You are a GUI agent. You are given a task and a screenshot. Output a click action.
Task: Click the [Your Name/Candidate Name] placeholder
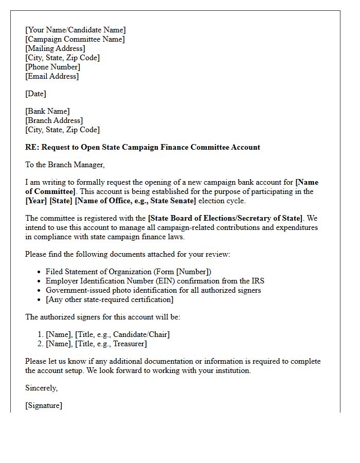tap(75, 30)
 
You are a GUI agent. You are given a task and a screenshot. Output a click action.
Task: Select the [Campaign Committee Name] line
tap(75, 39)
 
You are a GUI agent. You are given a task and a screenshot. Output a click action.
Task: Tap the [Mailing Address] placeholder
tap(55, 48)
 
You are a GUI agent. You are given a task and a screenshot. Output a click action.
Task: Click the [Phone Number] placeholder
tap(52, 67)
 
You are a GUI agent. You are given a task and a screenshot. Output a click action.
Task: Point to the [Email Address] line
tap(52, 76)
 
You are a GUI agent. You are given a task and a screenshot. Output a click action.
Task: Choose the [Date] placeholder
tap(35, 94)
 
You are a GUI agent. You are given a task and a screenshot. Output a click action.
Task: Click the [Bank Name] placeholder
tap(47, 111)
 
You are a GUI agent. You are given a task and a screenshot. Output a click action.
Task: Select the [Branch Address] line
tap(54, 120)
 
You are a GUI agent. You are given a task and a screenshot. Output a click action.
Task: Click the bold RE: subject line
tap(142, 147)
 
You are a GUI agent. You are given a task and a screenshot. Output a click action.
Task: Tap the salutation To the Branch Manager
tap(65, 165)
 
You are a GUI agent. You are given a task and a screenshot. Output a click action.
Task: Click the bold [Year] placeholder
tap(36, 201)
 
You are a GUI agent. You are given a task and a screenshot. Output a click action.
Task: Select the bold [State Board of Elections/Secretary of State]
tap(225, 218)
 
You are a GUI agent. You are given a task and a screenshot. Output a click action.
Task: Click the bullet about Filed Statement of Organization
tap(128, 272)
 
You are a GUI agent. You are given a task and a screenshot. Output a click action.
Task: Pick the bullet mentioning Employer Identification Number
tap(155, 281)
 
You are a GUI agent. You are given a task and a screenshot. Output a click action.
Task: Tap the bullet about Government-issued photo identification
tap(153, 290)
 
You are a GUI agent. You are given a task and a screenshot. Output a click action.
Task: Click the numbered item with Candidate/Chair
tap(107, 334)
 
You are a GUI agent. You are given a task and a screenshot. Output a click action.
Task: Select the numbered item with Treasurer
tap(96, 344)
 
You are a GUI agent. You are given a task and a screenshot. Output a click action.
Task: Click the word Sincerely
tap(41, 388)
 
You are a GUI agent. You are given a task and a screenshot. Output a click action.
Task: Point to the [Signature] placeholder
tap(44, 405)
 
